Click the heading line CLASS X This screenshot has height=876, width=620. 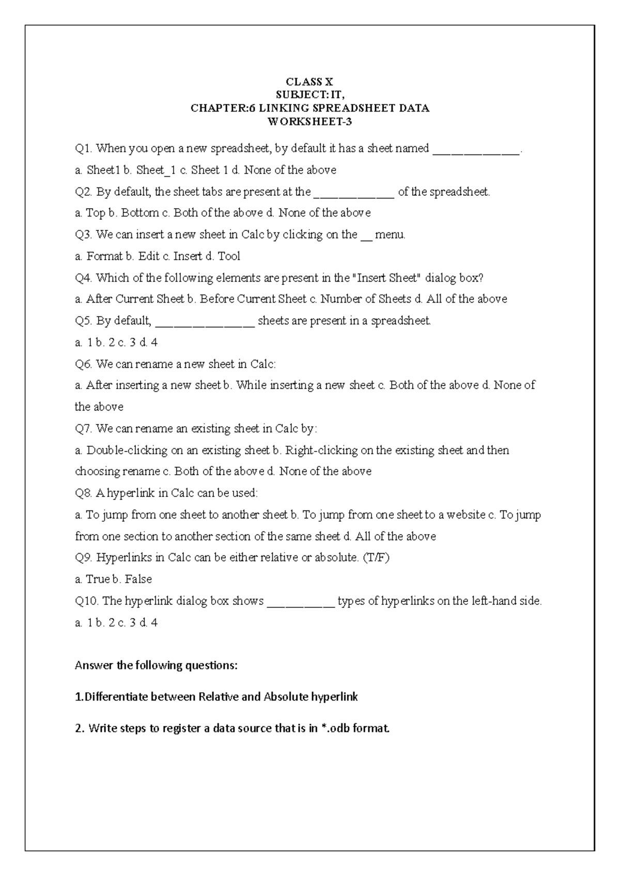pos(309,82)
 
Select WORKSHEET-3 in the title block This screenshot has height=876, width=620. pos(309,122)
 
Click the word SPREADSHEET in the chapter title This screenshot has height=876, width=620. pos(337,108)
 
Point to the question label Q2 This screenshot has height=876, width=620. pos(84,192)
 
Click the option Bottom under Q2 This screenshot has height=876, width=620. pos(139,213)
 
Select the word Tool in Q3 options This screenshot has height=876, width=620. pos(229,256)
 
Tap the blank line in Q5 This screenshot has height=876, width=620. pos(205,322)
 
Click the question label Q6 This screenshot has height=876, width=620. pos(84,365)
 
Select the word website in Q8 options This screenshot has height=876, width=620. pos(466,515)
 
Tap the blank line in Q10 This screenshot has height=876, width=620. pos(301,602)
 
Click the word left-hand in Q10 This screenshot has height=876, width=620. pos(493,601)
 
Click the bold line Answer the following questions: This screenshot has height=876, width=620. pos(156,665)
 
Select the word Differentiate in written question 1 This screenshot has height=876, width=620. pos(114,697)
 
